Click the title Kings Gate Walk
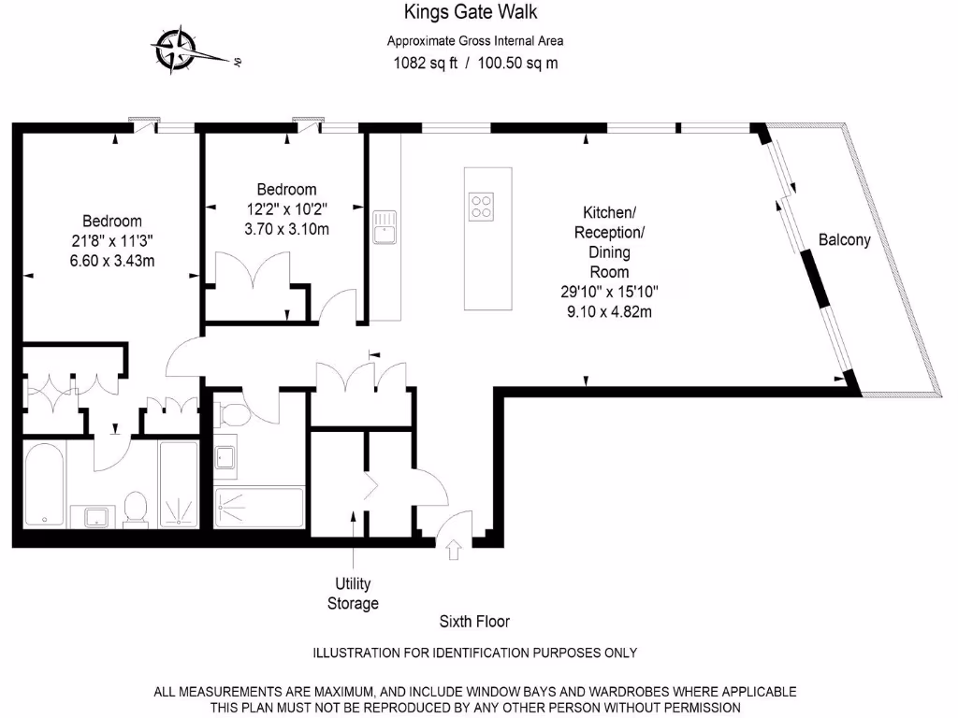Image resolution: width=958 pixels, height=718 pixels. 471,12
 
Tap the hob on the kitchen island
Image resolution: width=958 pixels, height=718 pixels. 482,205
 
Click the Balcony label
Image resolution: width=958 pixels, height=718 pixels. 844,239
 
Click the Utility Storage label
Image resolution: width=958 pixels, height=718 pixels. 353,594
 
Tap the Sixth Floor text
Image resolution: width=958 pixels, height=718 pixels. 474,622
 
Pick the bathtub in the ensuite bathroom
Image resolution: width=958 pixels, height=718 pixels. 44,483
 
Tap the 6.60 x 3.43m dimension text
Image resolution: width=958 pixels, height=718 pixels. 111,261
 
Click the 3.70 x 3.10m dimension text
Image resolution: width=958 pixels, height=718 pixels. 286,228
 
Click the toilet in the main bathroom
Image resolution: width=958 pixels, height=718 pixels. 231,412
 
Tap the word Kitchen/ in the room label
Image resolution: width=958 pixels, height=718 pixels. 609,211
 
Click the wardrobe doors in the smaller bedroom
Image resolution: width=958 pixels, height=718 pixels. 250,272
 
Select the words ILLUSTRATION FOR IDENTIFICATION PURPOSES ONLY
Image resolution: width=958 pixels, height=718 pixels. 474,653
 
